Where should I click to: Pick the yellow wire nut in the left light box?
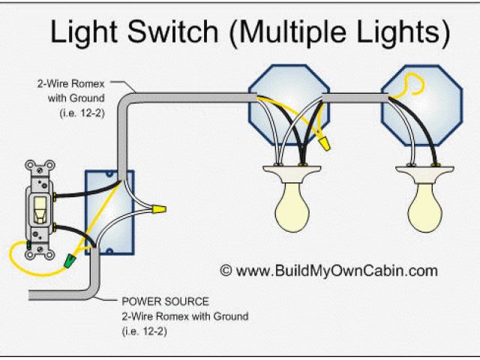click(x=323, y=140)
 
